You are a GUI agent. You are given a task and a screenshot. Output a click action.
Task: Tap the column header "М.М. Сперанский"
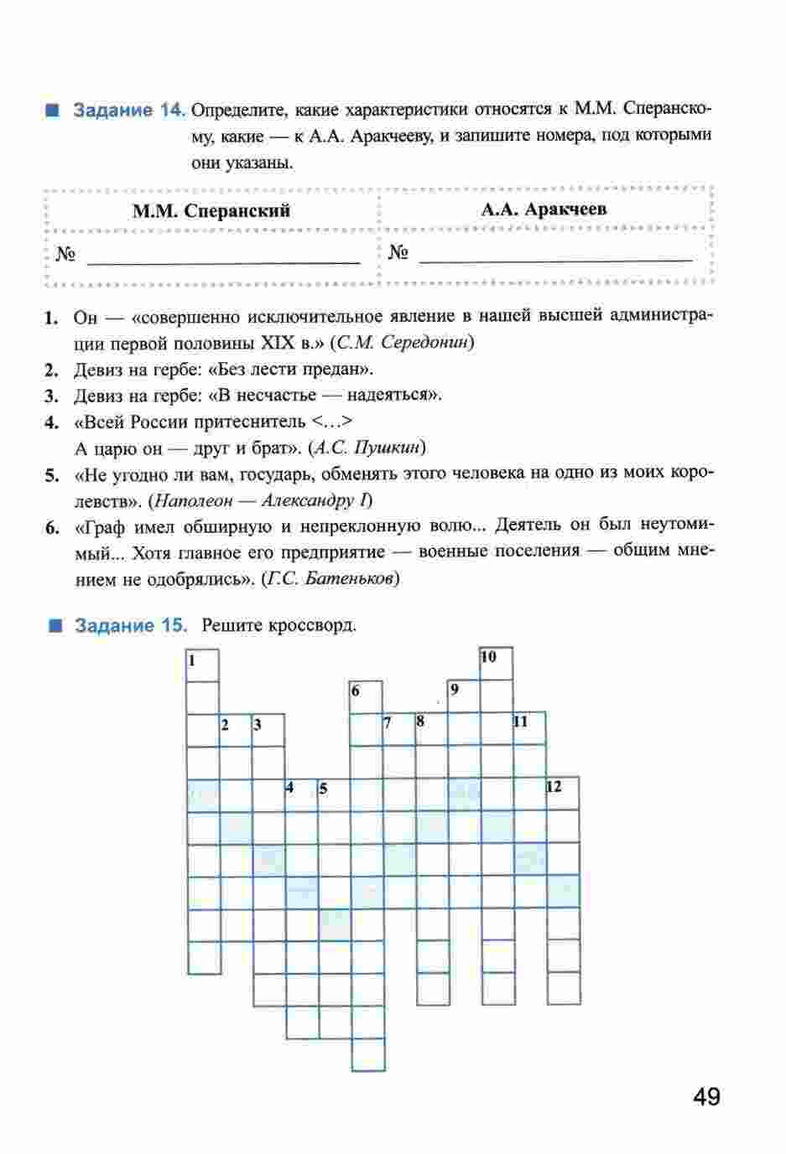211,211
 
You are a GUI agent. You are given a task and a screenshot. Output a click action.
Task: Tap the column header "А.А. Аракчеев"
544,210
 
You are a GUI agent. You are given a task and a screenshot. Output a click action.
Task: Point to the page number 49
706,1097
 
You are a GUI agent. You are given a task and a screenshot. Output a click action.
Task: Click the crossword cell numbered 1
202,665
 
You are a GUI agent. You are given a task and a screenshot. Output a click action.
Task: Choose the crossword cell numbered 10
497,663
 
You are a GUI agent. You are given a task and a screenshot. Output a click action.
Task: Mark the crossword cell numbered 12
563,794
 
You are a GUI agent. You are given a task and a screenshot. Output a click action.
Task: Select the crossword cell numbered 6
366,697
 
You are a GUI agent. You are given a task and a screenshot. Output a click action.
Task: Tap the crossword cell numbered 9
464,696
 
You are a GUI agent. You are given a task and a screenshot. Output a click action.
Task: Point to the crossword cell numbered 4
300,794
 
